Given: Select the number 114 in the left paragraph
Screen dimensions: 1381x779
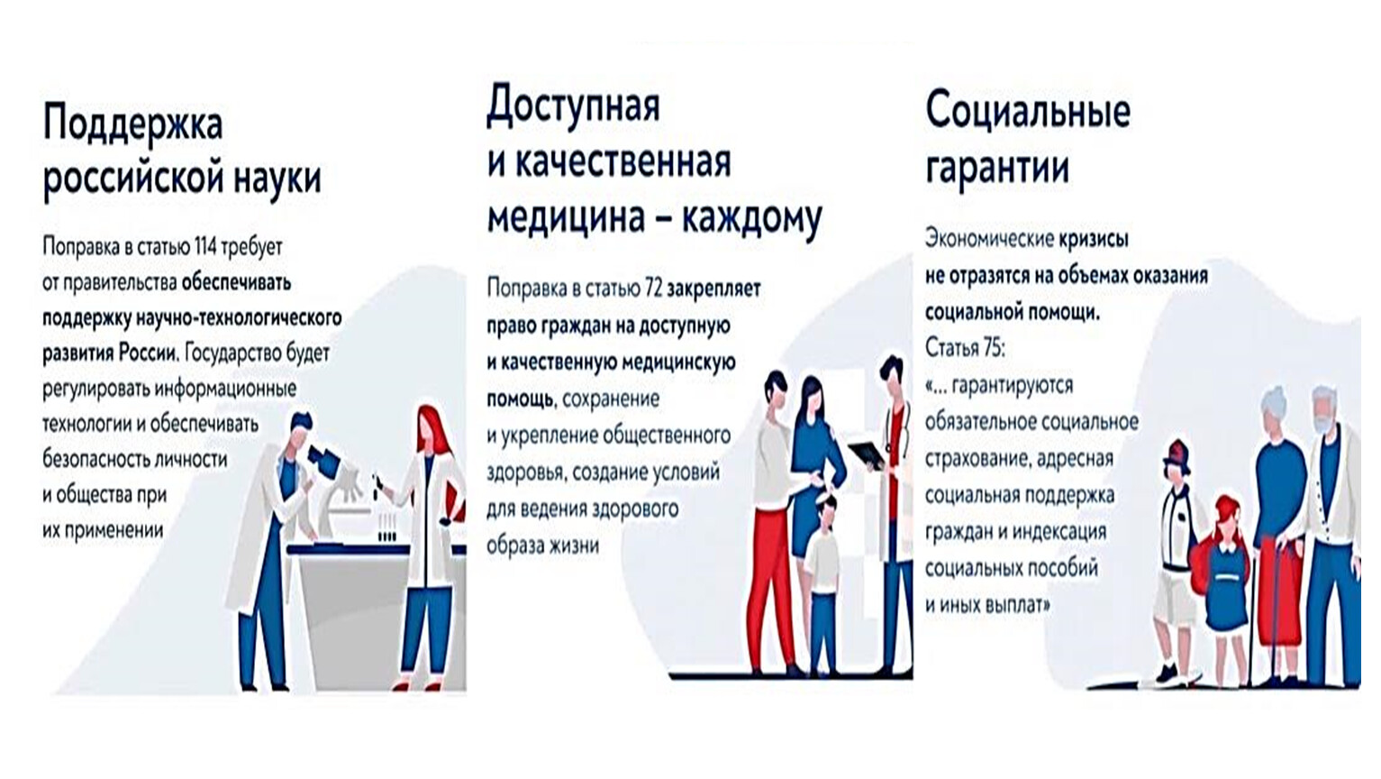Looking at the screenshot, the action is (206, 246).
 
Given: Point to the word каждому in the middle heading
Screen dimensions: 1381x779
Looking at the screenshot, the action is (751, 218).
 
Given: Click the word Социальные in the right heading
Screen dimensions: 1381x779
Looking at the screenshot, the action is (1028, 112).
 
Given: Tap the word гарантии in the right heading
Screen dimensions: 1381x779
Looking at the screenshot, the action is (997, 169).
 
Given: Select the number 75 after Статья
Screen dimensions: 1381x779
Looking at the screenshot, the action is (994, 348).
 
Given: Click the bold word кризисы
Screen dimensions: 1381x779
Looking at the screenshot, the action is (1094, 239).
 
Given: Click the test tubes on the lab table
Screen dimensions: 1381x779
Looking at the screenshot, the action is (386, 528).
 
